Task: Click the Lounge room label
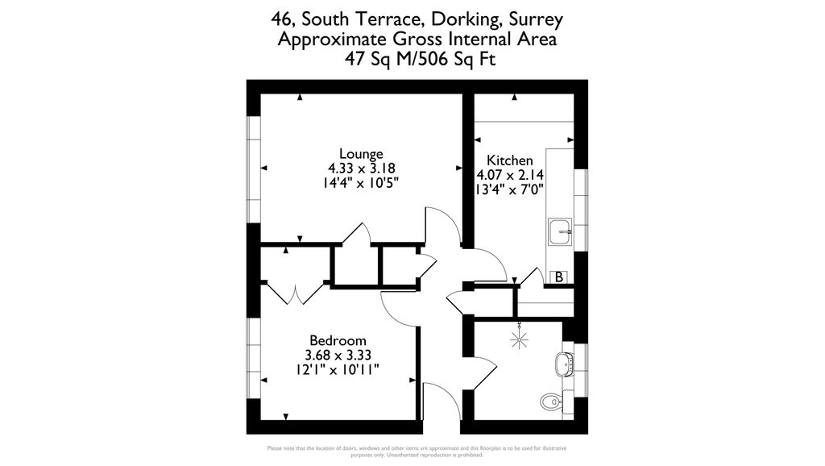(361, 154)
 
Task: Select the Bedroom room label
(338, 340)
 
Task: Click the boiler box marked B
(558, 277)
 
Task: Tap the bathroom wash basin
(565, 364)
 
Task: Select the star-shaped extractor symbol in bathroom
(520, 338)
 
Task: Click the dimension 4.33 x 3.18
(361, 169)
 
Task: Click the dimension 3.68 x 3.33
(338, 355)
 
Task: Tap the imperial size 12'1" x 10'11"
(338, 369)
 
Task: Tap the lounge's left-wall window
(254, 169)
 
